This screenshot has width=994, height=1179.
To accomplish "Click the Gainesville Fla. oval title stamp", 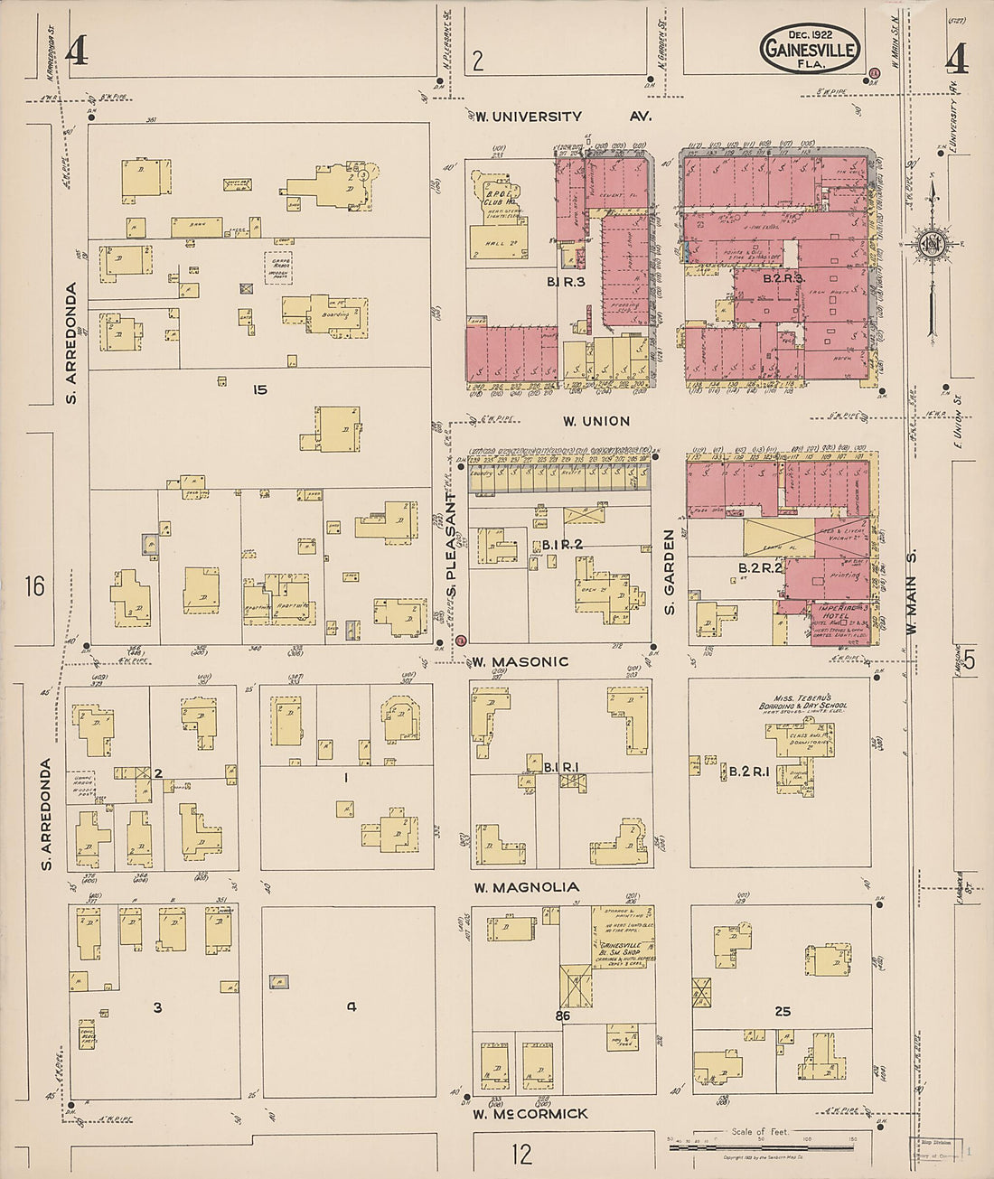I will coord(810,48).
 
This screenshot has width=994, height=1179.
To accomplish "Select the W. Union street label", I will coord(595,421).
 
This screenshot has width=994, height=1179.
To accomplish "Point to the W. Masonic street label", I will coord(519,661).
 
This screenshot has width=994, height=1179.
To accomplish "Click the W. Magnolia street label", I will coord(526,887).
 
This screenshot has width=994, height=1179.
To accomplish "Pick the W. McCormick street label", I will coord(531,1114).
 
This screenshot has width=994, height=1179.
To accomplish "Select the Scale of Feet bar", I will coord(764,1146).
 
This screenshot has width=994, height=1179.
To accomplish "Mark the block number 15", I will coord(260,390).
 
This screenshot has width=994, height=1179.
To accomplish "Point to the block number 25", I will coord(783,1011).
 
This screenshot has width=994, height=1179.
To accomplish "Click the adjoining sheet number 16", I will coord(35,587).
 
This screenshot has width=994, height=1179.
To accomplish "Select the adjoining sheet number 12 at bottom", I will coord(520,1154).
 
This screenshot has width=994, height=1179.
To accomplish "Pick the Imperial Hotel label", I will coord(828,612).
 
